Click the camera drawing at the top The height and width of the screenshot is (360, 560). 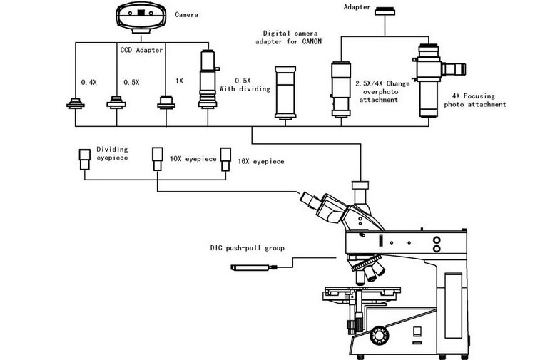tap(141, 18)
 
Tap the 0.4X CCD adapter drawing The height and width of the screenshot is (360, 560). tap(76, 103)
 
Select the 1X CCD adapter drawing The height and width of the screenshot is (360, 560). tap(166, 102)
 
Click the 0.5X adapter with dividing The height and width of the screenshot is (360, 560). tap(208, 79)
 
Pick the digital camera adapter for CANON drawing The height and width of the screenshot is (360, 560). tap(285, 93)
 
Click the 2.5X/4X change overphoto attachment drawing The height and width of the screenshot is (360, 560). tap(341, 89)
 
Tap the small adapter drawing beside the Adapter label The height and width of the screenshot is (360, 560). tap(385, 11)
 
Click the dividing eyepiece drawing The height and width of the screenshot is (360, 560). tap(85, 159)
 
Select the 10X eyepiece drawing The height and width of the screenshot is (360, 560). tap(158, 159)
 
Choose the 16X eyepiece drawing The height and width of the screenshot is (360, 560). tap(225, 159)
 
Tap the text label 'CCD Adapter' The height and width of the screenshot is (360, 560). tap(141, 50)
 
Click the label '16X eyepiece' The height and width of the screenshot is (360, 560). tap(261, 161)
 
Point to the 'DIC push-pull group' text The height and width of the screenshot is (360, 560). tap(247, 247)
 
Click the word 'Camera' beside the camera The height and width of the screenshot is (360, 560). tap(186, 15)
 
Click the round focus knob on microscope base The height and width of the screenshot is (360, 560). tap(380, 336)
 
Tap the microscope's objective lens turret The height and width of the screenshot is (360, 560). tap(368, 269)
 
